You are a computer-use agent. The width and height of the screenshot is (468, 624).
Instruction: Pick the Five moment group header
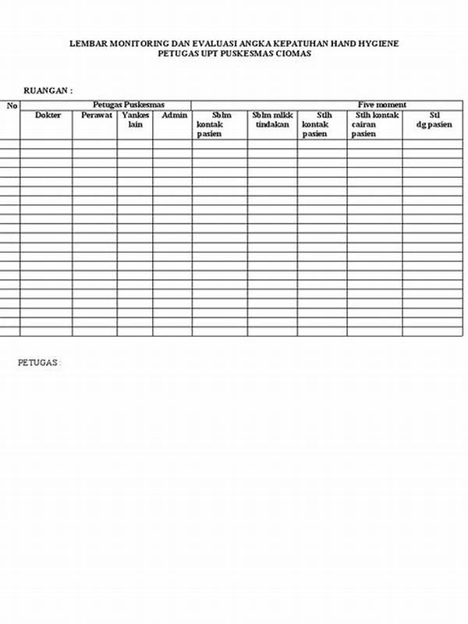381,105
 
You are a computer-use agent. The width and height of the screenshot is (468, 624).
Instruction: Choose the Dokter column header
48,115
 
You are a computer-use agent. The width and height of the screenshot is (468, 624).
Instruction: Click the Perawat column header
96,115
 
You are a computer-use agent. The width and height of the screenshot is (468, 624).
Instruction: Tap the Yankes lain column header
135,119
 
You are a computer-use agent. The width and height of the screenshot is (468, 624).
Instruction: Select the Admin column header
174,115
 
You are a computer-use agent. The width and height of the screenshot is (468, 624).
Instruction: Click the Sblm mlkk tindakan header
272,119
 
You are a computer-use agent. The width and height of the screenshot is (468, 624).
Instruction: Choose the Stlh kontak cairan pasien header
374,124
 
